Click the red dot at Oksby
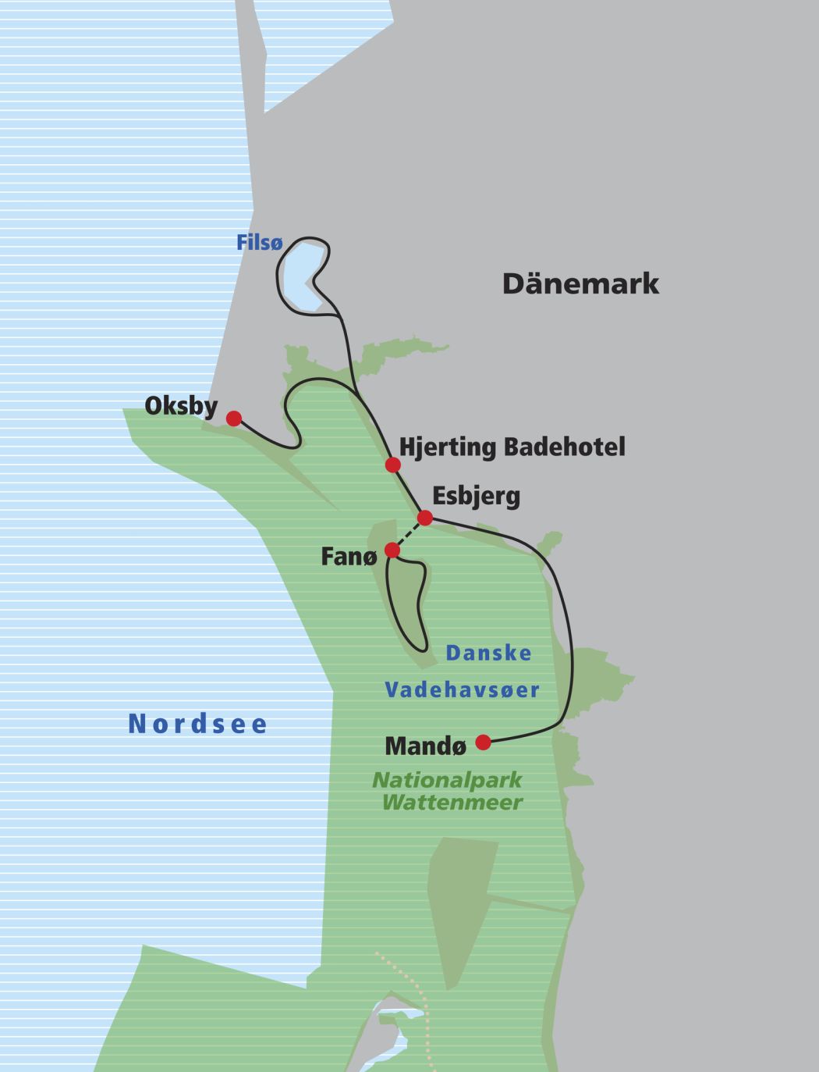[x=233, y=418]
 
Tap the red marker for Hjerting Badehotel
[x=393, y=465]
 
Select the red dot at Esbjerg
[x=425, y=518]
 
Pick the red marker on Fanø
[x=392, y=550]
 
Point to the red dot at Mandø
[x=484, y=742]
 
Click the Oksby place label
[x=181, y=406]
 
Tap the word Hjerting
[x=448, y=447]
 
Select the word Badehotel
[x=564, y=447]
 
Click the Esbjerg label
[x=476, y=497]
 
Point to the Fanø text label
[x=349, y=557]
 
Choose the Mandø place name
[x=426, y=746]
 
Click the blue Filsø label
[x=259, y=243]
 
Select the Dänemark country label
[x=580, y=283]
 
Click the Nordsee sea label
[x=198, y=724]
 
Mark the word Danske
[x=488, y=654]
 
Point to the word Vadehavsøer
[x=463, y=690]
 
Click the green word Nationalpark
[x=447, y=780]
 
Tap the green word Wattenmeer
[x=452, y=802]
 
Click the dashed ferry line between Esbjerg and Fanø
[x=409, y=534]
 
